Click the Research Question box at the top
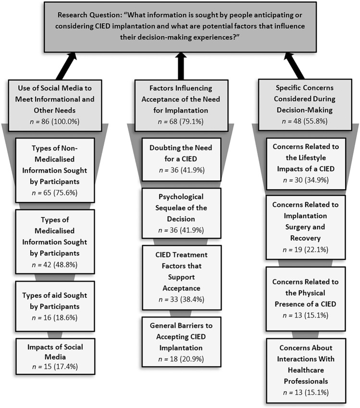[x=180, y=26]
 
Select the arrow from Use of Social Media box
[x=67, y=67]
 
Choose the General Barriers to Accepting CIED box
[x=181, y=338]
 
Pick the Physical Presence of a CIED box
[x=306, y=298]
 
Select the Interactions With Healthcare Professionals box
[x=306, y=370]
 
